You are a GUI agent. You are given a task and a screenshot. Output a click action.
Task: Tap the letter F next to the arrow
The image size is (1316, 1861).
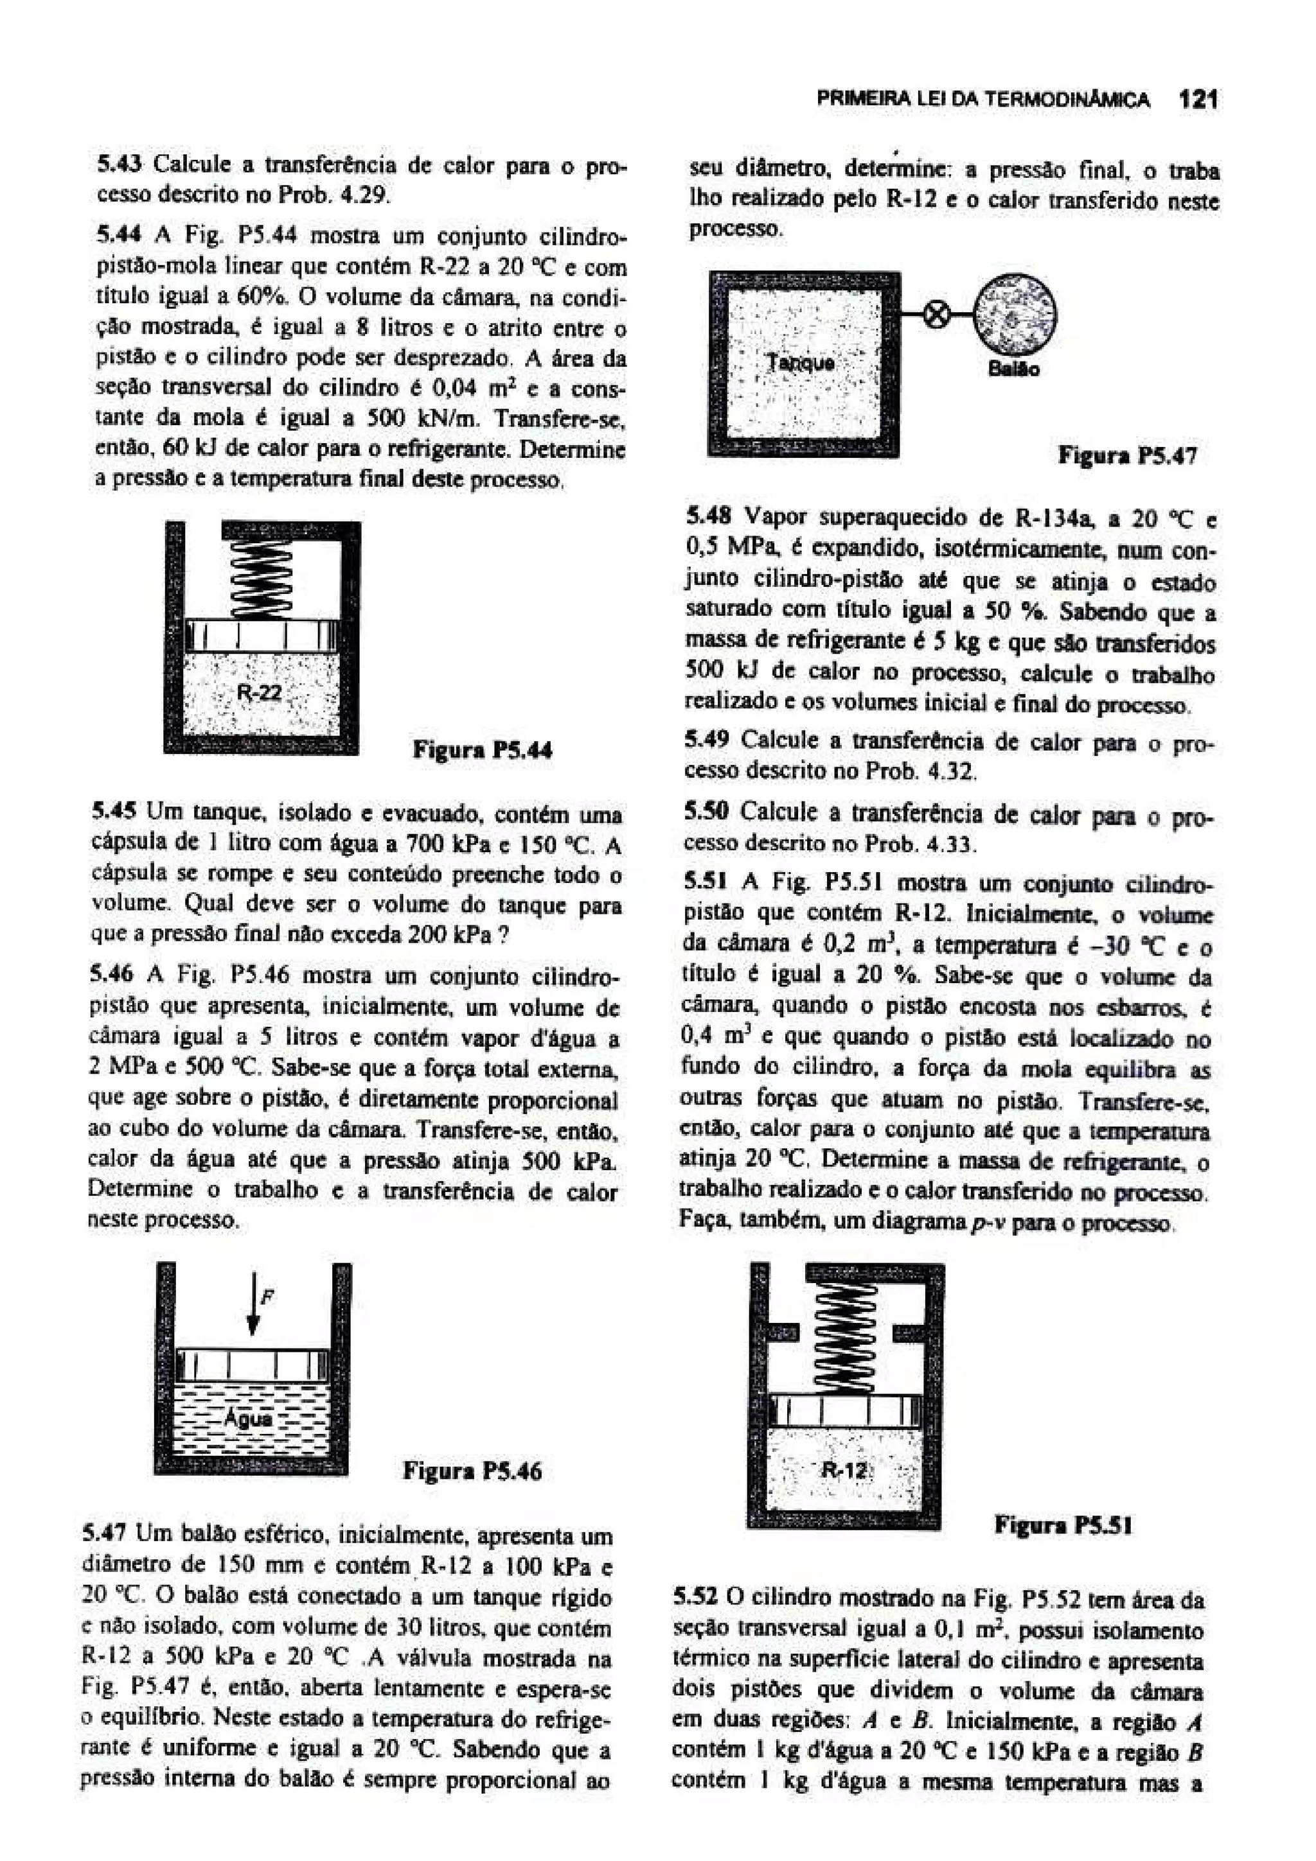point(267,1297)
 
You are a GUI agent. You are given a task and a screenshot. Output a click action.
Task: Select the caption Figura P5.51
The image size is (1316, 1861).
point(1063,1525)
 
